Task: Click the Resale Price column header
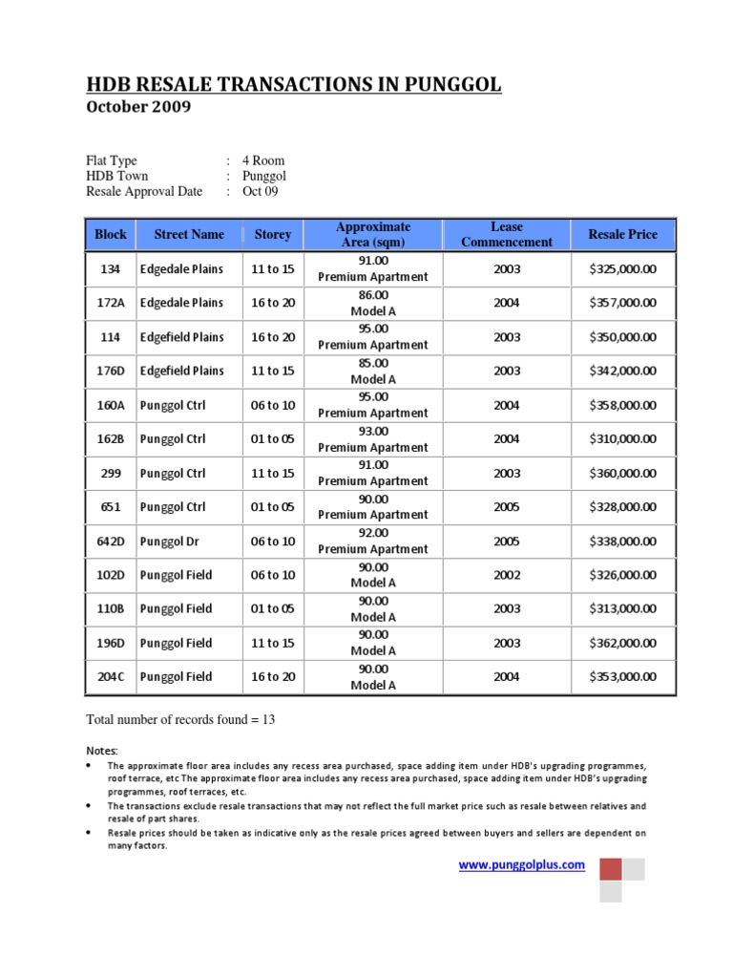point(623,234)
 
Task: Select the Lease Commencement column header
point(506,234)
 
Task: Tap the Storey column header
point(272,234)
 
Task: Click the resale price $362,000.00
point(623,643)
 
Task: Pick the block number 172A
point(111,303)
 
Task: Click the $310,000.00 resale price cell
point(623,439)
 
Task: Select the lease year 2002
point(507,575)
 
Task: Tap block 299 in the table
point(111,474)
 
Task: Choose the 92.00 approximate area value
point(372,533)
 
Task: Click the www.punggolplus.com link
point(521,864)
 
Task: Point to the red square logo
point(610,868)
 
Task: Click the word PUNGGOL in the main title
point(445,86)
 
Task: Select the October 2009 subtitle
point(138,107)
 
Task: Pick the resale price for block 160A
point(623,405)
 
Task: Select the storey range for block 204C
point(272,677)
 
